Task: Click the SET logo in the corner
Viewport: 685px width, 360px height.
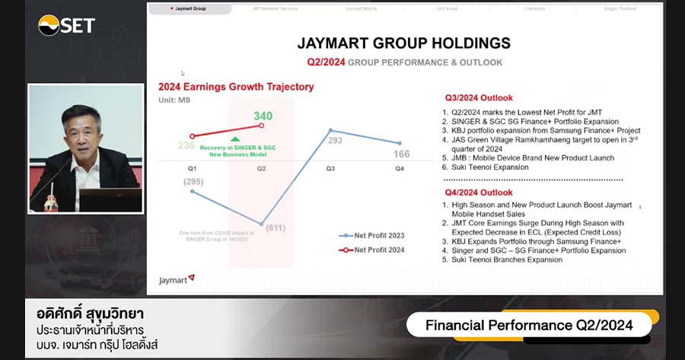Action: [x=67, y=25]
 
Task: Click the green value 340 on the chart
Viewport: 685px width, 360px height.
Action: [x=263, y=116]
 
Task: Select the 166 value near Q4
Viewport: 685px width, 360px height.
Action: [x=401, y=155]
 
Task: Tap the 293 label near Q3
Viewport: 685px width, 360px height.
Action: [x=335, y=141]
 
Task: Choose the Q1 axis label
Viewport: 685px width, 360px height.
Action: [x=192, y=168]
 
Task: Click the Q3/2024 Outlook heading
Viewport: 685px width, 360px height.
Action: [x=479, y=98]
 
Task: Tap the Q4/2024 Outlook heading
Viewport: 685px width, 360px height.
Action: [x=479, y=193]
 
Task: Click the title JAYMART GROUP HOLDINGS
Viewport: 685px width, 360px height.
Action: [x=404, y=43]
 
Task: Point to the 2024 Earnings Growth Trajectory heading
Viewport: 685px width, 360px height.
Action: [x=236, y=87]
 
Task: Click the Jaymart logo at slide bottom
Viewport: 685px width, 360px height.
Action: [x=177, y=279]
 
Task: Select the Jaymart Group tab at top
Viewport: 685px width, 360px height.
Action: [x=190, y=9]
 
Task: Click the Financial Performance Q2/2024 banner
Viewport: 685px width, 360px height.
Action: [x=528, y=326]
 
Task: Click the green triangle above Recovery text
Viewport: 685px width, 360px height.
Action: [x=235, y=139]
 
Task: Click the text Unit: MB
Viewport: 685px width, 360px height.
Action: [x=174, y=100]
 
